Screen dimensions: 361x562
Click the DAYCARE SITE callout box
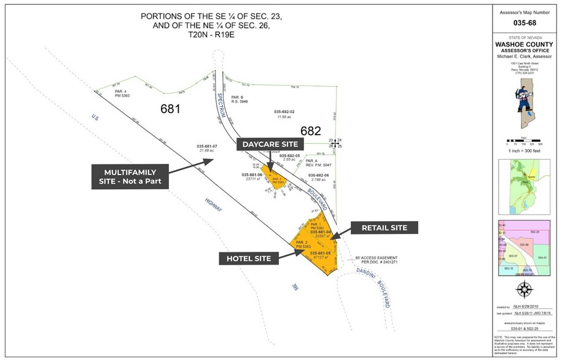click(x=270, y=144)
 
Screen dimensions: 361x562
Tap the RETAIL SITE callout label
click(x=383, y=228)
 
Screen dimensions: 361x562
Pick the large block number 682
click(x=311, y=131)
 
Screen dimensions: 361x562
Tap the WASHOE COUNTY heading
click(x=526, y=45)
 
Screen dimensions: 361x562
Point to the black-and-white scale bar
click(x=526, y=142)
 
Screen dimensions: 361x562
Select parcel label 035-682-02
click(x=284, y=112)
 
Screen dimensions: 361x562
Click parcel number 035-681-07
click(x=207, y=146)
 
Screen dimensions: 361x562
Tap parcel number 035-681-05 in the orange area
click(x=321, y=253)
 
